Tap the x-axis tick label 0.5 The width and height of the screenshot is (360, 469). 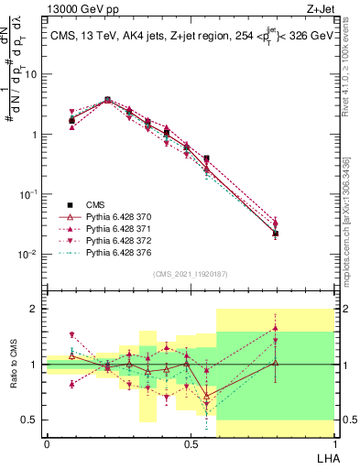pos(191,444)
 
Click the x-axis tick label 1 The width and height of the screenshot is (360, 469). pos(334,444)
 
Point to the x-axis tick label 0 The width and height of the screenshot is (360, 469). pos(47,444)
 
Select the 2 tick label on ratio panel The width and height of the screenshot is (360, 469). pos(35,309)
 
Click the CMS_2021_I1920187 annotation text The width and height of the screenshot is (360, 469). pos(191,273)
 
